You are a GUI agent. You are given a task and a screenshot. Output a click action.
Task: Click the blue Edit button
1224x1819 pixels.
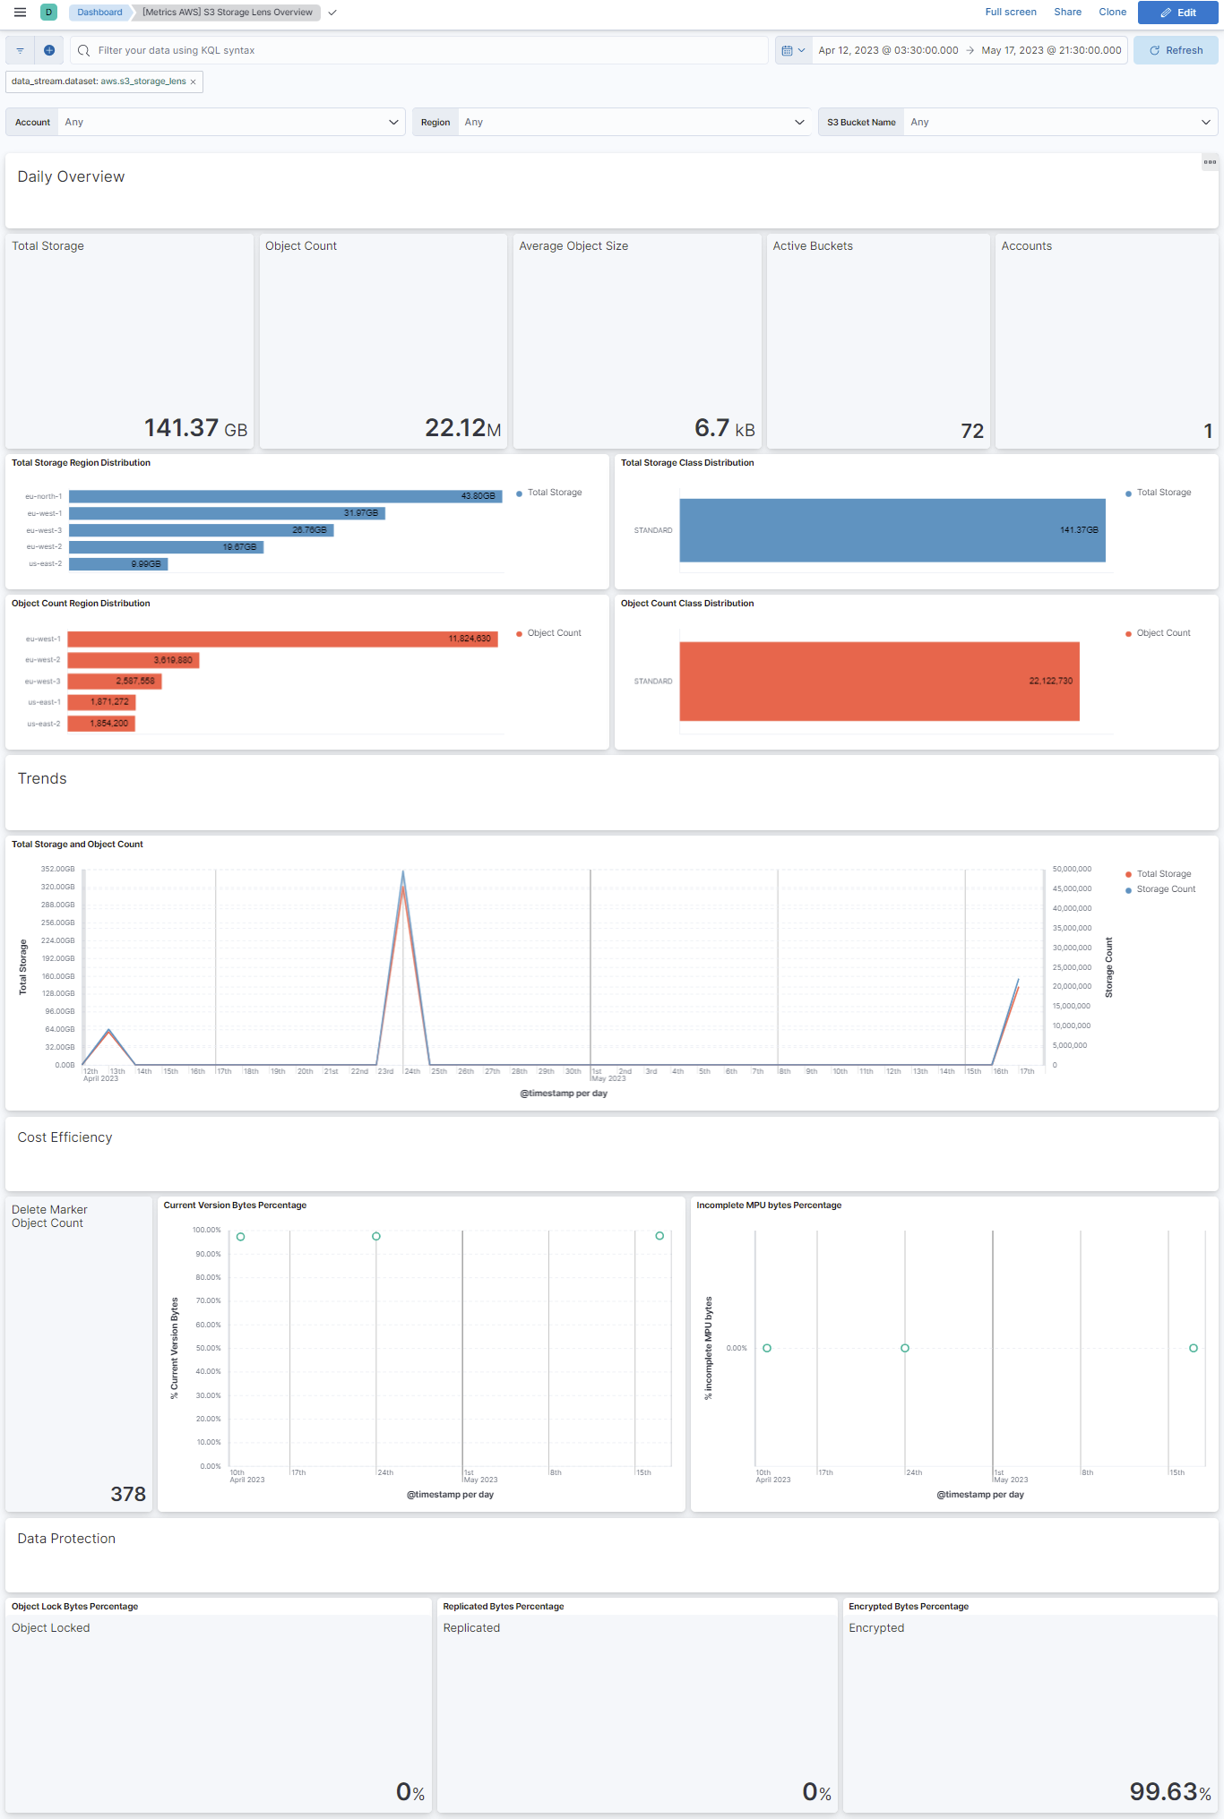click(1177, 13)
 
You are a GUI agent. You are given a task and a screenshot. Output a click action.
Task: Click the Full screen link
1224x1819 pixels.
click(1010, 13)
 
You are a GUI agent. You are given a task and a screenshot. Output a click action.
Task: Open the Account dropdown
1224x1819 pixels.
click(230, 122)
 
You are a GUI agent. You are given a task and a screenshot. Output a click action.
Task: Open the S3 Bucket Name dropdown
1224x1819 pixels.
click(1059, 122)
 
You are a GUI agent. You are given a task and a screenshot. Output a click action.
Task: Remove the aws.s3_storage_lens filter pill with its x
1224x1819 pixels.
click(193, 82)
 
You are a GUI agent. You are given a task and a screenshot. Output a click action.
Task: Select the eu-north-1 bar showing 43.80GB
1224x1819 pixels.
click(285, 496)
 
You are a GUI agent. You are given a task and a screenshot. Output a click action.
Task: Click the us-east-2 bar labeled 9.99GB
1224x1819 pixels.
click(117, 564)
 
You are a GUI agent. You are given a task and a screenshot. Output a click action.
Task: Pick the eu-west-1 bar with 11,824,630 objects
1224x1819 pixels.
click(282, 639)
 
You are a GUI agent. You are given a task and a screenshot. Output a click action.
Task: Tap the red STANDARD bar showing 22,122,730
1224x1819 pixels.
click(878, 682)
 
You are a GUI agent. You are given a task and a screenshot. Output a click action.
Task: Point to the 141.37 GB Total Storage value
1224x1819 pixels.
click(195, 428)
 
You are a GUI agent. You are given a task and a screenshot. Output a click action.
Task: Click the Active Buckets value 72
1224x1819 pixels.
click(972, 431)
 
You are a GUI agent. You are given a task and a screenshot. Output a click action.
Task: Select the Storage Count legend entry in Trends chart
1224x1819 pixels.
click(1165, 889)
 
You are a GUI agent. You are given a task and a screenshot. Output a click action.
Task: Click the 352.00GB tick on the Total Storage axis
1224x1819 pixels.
click(58, 869)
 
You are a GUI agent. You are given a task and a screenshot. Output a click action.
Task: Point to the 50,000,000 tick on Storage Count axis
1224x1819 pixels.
click(1072, 869)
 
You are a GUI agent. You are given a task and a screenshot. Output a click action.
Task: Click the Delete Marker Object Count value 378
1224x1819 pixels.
click(128, 1494)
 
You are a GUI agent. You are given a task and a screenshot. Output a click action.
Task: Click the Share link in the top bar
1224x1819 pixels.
click(1067, 13)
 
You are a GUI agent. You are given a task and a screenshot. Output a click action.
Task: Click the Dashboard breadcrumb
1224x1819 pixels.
click(99, 13)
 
